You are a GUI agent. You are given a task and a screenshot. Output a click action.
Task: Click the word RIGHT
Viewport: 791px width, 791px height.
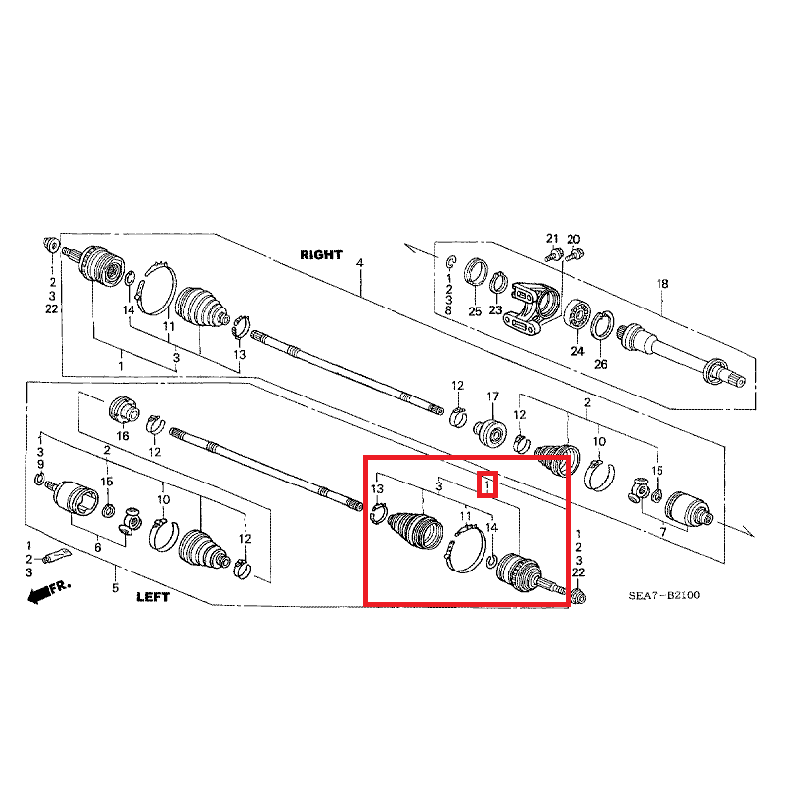321,254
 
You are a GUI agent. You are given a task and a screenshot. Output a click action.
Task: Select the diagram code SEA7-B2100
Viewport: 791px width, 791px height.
664,596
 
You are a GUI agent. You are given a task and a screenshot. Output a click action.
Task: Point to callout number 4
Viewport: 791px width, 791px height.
360,263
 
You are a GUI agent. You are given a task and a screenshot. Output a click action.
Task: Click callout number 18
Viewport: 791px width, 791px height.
663,285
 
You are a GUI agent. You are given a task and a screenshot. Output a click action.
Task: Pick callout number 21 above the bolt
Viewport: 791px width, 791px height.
553,239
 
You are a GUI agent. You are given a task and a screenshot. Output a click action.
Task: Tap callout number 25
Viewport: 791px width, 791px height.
474,312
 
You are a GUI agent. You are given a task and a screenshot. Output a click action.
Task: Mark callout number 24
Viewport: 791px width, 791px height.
577,350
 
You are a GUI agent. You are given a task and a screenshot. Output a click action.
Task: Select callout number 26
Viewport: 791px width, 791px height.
600,364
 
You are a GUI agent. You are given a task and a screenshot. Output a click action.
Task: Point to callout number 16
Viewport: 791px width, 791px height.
124,435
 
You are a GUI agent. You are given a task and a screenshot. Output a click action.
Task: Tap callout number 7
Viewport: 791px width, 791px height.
661,533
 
